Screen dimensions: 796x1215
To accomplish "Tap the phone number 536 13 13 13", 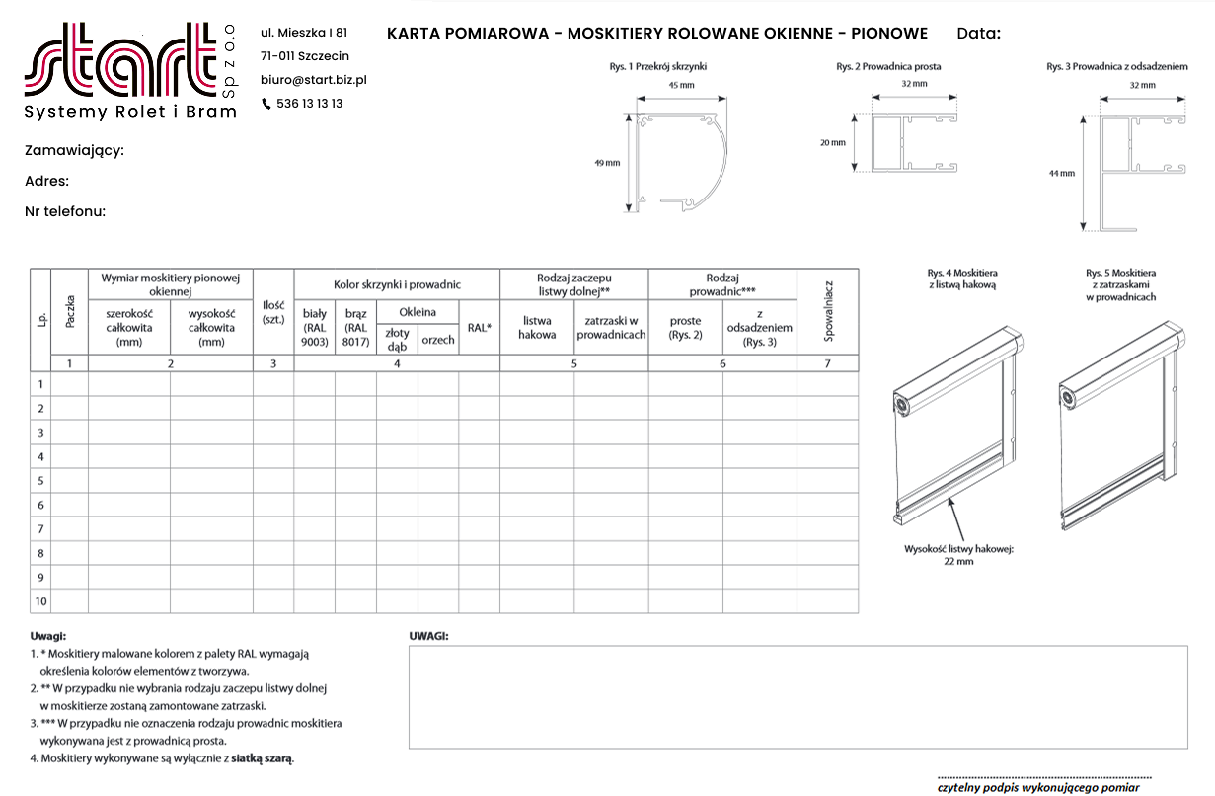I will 309,104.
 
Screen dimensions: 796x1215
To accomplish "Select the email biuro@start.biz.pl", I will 314,80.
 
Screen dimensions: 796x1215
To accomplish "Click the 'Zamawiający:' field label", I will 74,151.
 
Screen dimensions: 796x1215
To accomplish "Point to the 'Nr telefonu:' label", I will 65,211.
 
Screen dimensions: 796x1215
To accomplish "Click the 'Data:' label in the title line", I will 978,34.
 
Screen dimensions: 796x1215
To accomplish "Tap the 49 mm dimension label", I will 607,163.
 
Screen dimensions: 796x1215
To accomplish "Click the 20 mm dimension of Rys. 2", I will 833,143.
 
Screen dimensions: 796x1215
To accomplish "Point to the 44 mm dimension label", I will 1061,174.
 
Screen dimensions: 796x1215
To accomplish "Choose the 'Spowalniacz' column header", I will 827,311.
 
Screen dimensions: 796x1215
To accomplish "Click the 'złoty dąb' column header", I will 397,340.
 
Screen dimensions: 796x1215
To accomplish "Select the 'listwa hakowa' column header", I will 537,328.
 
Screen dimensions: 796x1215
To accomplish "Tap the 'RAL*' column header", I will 479,328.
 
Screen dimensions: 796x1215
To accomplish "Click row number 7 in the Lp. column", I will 40,529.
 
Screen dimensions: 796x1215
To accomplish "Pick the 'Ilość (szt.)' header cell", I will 273,312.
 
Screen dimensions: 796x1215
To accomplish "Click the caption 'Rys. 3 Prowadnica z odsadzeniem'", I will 1116,67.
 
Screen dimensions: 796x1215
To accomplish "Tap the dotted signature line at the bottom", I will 1043,777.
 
